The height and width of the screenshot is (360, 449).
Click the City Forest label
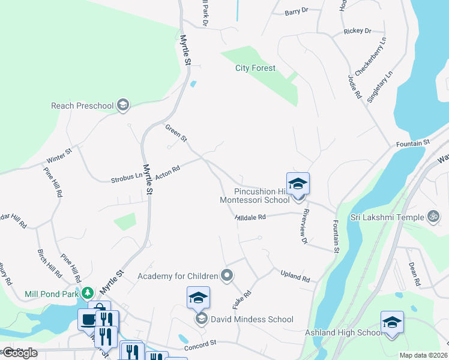pos(255,68)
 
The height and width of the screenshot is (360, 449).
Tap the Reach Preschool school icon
pos(123,106)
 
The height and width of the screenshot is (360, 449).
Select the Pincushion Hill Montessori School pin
pos(298,184)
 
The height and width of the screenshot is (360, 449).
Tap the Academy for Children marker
pos(227,276)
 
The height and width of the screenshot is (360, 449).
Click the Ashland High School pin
pos(392,322)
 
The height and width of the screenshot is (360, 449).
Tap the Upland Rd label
pos(295,277)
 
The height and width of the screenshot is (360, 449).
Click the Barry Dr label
pos(296,11)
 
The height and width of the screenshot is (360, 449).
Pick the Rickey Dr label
pos(358,31)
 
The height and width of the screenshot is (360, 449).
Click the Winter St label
pos(59,157)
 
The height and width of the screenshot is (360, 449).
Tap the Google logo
pos(20,353)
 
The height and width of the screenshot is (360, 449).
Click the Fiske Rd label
pos(241,299)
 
